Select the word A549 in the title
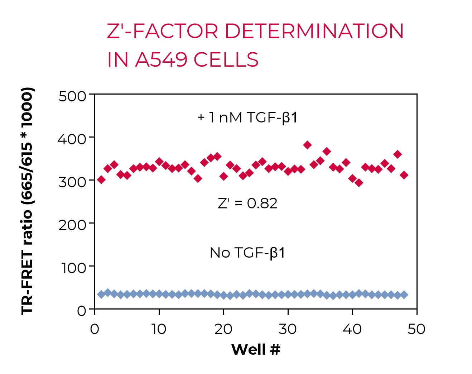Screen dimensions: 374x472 (161, 59)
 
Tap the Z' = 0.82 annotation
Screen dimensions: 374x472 (247, 203)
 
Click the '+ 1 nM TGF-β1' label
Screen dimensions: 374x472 (247, 118)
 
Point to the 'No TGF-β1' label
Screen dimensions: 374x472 (247, 253)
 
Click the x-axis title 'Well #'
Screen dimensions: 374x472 (256, 349)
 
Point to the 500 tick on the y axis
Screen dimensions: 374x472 (72, 96)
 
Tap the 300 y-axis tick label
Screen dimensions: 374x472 (72, 181)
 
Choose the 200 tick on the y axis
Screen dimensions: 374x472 (72, 224)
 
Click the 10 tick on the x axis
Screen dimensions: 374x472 (159, 329)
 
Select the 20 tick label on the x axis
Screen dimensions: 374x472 (223, 329)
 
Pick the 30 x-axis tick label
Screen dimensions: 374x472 (288, 329)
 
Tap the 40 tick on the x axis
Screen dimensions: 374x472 (352, 329)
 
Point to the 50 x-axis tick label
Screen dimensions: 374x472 (416, 329)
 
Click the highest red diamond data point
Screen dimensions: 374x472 (307, 145)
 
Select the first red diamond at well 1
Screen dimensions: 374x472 (101, 179)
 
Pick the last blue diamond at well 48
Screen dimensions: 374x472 (404, 295)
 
